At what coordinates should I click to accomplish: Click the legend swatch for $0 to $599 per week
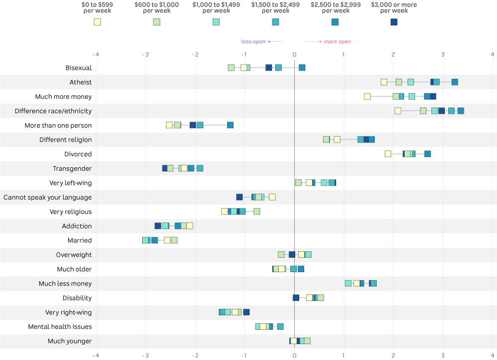click(x=97, y=22)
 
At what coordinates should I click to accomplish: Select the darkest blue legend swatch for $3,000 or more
click(x=394, y=22)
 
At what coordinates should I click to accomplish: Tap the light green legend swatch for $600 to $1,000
click(x=157, y=22)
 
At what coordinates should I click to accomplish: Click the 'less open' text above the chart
click(x=253, y=42)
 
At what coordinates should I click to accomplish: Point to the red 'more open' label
click(x=337, y=42)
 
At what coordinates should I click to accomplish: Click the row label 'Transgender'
click(x=72, y=168)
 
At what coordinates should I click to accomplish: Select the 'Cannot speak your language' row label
click(x=48, y=197)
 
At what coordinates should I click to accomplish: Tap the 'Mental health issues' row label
click(x=60, y=326)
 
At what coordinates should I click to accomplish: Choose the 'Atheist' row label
click(x=81, y=82)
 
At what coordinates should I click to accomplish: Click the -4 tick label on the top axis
click(x=96, y=55)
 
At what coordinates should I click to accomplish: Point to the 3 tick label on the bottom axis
click(x=443, y=355)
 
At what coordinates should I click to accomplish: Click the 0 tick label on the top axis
click(x=294, y=55)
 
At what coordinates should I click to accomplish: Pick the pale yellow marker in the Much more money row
click(x=367, y=96)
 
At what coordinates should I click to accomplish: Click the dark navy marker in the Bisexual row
click(x=269, y=68)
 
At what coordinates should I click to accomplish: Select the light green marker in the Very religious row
click(x=257, y=212)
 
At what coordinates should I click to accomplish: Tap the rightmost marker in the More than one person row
click(x=231, y=125)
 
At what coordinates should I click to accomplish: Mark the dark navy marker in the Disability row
click(x=296, y=297)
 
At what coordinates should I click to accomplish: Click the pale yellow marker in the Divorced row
click(x=388, y=154)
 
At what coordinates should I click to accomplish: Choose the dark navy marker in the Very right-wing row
click(x=247, y=312)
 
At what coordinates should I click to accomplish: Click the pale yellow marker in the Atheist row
click(x=384, y=82)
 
